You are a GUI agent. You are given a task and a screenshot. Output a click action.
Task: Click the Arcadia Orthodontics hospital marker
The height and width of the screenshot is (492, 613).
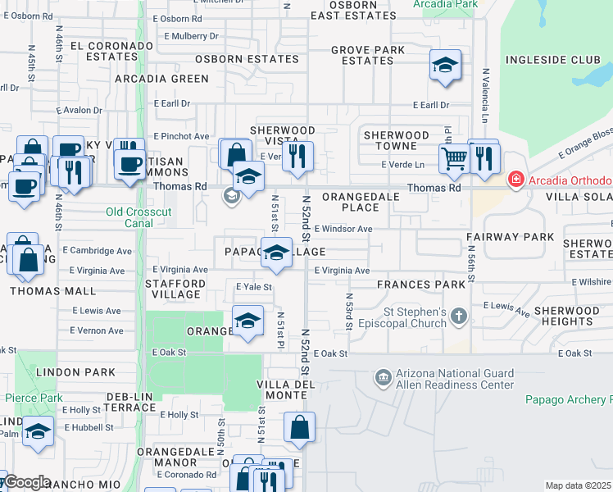coord(516,180)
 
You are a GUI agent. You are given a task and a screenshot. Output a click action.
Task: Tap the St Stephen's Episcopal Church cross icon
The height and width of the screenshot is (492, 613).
coord(459,316)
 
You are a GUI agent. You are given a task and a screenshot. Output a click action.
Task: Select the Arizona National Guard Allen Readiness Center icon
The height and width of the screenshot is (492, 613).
coord(382,378)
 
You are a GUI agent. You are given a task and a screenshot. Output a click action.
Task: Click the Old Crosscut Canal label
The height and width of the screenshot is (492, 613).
coord(139,217)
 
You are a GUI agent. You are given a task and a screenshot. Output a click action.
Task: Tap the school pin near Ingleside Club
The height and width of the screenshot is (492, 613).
coord(445,66)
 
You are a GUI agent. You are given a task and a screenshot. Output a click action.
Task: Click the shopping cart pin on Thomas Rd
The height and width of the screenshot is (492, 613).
coord(454,158)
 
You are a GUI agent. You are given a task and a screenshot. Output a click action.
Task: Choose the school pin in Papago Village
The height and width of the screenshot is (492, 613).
coord(278,253)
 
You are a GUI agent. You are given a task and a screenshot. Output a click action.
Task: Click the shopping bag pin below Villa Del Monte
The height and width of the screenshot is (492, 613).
coord(299,426)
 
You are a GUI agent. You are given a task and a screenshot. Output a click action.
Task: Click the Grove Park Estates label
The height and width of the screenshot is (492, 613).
coord(368,55)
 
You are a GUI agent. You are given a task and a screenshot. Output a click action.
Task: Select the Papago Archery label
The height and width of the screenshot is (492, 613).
coord(568,400)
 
